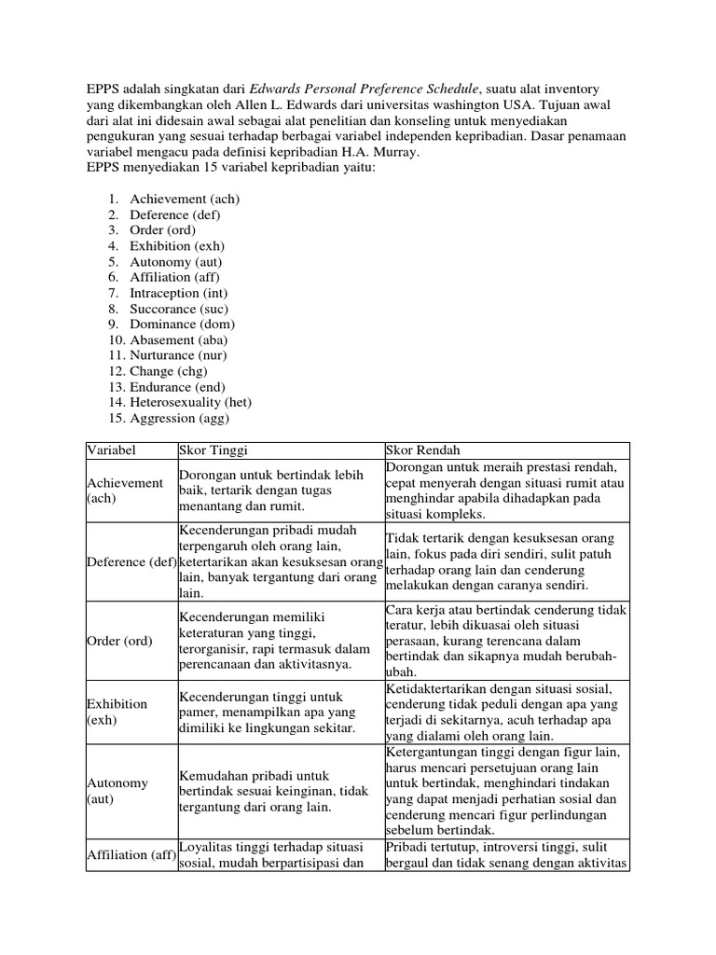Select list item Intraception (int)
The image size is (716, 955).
coord(178,293)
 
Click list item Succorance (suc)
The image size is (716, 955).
coord(178,309)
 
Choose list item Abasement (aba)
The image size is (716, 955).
coord(178,340)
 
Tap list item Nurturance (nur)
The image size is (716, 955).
coord(178,355)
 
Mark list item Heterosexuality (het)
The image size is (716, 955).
coord(190,402)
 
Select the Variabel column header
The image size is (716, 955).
coord(112,450)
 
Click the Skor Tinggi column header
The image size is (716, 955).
coord(213,450)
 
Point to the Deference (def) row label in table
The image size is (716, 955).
coord(131,561)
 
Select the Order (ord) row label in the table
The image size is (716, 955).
coord(119,641)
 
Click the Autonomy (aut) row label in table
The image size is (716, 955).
coord(117,791)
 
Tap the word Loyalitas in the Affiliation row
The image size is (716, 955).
coord(206,847)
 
